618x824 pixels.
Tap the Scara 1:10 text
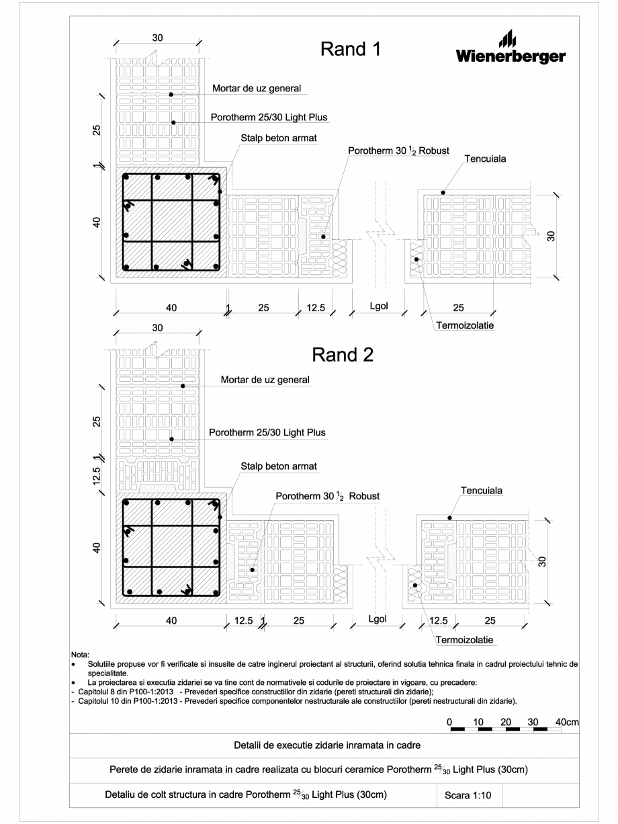coord(469,795)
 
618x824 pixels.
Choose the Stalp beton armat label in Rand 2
coord(278,466)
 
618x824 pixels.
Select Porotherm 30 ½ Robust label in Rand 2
coord(328,496)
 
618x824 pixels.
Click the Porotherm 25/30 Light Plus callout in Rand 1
coord(269,117)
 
